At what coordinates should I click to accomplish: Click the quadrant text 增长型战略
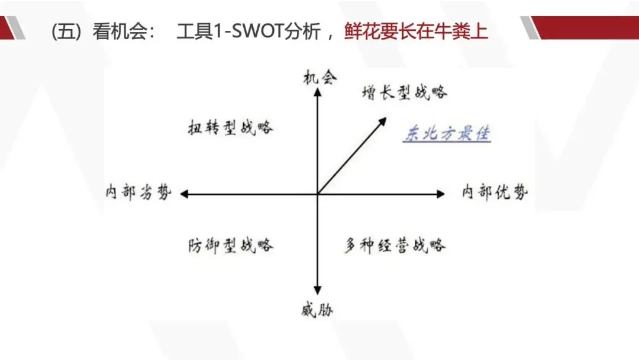(405, 92)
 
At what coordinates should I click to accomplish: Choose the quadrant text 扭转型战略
(231, 127)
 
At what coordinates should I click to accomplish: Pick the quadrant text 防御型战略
(231, 245)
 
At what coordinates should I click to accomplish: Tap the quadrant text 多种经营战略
(395, 245)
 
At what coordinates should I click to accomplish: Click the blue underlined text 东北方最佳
(447, 134)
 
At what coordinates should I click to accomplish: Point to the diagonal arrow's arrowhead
(383, 120)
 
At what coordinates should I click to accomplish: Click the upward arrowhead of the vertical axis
(318, 92)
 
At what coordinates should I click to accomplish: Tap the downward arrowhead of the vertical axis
(318, 290)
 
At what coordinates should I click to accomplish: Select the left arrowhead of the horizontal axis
(184, 194)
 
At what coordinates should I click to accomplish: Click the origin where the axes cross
(318, 194)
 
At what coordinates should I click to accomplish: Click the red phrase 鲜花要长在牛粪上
(416, 31)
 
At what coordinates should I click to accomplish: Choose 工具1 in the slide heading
(199, 31)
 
